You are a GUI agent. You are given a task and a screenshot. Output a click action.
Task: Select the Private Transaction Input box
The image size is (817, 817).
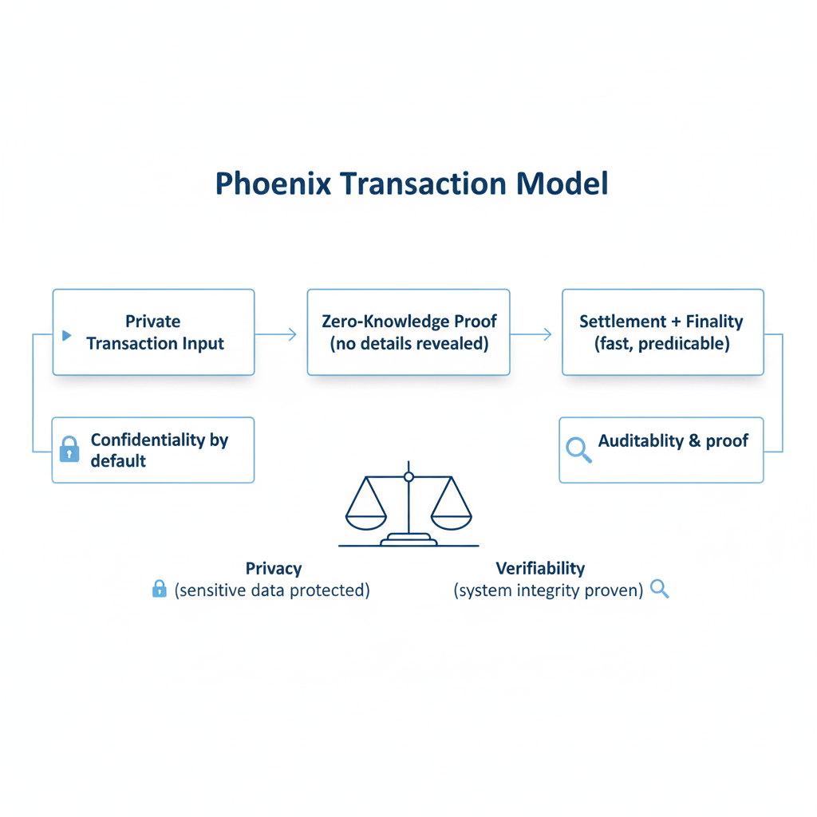(x=153, y=332)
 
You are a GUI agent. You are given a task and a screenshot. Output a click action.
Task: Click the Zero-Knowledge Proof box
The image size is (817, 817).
(x=408, y=332)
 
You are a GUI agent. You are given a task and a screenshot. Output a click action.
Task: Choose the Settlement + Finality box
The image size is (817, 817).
(x=662, y=332)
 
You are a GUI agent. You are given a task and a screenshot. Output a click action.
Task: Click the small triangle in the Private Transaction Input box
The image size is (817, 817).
(x=67, y=334)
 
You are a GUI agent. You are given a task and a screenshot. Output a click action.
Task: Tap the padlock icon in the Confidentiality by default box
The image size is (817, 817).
(x=70, y=449)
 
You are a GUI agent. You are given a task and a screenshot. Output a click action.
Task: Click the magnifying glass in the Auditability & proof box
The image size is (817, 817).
(x=578, y=449)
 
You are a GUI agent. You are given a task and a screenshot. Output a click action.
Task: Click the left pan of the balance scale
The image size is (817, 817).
(x=365, y=518)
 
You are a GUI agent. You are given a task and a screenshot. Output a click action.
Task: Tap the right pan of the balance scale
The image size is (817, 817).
(x=452, y=518)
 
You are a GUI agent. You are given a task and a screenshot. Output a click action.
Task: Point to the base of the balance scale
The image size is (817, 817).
(x=408, y=541)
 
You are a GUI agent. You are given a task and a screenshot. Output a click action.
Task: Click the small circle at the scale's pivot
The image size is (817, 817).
(x=408, y=476)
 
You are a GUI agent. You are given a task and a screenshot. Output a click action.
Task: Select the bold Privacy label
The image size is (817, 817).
(x=274, y=569)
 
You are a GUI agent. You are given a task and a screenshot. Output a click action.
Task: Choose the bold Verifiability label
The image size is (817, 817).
(x=540, y=569)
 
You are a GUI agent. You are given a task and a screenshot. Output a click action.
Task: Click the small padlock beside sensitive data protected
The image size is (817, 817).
(x=160, y=590)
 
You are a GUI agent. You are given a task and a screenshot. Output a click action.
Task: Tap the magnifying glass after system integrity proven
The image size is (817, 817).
(x=659, y=590)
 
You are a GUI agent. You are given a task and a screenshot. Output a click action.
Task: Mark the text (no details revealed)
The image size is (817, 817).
(x=408, y=344)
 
